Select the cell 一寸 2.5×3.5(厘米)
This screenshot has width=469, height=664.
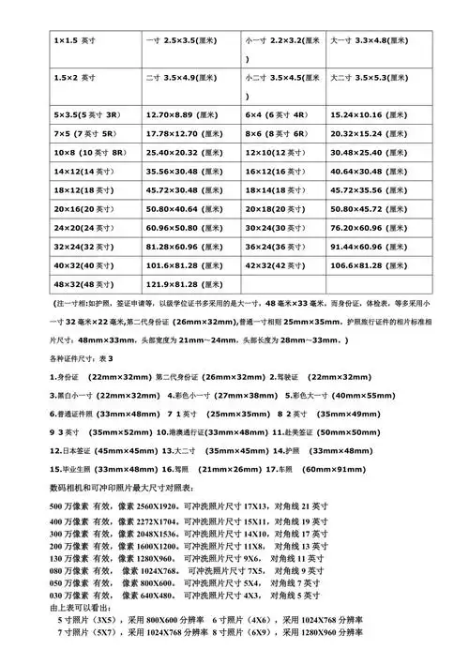(x=183, y=42)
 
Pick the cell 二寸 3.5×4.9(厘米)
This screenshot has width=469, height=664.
(x=183, y=78)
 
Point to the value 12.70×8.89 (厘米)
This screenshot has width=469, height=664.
(x=184, y=113)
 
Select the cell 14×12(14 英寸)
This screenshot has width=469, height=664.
(x=83, y=172)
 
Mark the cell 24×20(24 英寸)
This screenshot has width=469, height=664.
(x=83, y=228)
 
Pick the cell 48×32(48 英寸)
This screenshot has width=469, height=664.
(x=83, y=285)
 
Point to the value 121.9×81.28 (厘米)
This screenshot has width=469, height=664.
(x=184, y=285)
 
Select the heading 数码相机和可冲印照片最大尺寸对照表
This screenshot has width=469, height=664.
(x=123, y=489)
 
